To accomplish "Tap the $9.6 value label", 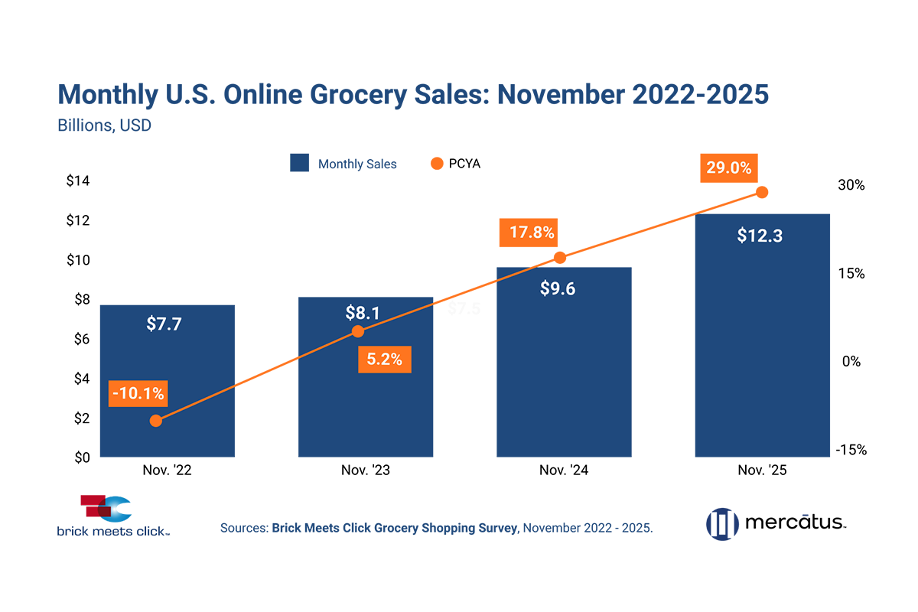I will coord(557,288).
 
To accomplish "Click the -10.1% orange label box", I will coord(138,394).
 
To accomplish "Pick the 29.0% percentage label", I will coord(727,168).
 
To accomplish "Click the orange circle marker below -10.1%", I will coord(155,420).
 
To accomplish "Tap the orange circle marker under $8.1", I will coord(356,331).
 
